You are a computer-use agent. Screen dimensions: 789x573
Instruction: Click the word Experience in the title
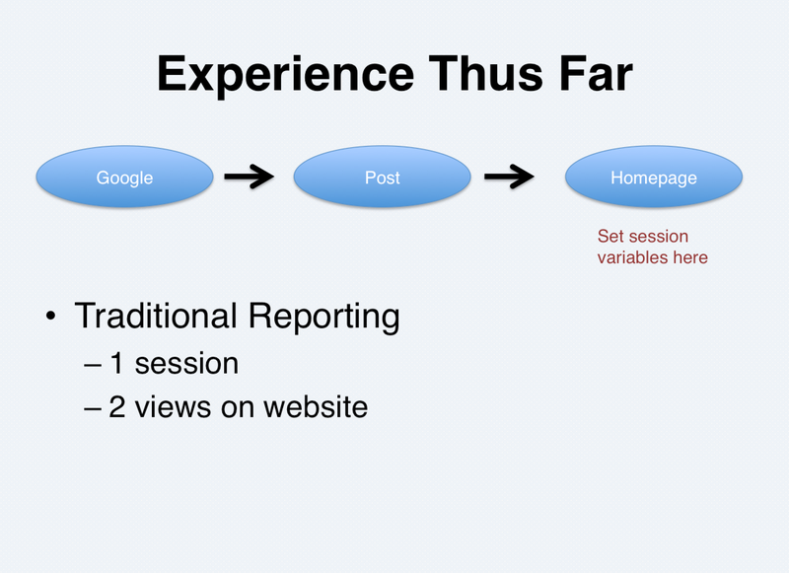click(x=285, y=76)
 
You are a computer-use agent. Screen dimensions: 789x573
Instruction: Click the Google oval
click(x=125, y=177)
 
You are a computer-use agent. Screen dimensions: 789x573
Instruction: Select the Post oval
click(x=383, y=177)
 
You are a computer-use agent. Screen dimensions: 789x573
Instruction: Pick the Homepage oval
click(x=654, y=177)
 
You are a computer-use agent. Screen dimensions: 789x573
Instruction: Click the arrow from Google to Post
click(x=250, y=177)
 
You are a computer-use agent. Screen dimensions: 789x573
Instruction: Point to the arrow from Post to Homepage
click(x=509, y=177)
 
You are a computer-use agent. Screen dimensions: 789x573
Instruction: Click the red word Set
click(x=610, y=236)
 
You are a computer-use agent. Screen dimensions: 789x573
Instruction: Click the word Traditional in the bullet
click(x=156, y=316)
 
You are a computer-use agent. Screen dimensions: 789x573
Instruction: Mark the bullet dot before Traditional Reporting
click(x=50, y=317)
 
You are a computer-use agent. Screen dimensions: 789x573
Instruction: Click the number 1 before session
click(x=116, y=363)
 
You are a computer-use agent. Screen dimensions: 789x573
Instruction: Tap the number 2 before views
click(x=117, y=407)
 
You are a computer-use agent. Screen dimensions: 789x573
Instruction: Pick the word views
click(x=173, y=407)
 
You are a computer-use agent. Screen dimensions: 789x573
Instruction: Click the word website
click(x=316, y=407)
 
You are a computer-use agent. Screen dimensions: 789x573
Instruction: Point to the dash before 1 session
click(x=93, y=366)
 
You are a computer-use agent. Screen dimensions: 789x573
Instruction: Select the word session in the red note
click(x=658, y=236)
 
